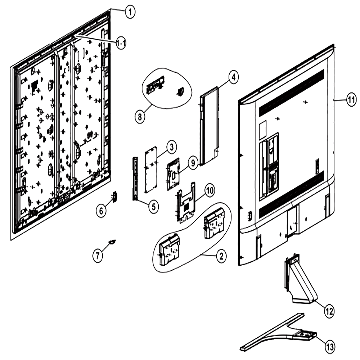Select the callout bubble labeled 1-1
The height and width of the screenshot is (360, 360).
click(121, 43)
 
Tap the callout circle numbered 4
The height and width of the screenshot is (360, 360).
click(233, 77)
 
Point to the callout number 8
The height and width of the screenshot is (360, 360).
click(140, 117)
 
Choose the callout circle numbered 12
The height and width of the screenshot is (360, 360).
click(329, 311)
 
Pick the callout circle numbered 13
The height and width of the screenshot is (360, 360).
click(330, 347)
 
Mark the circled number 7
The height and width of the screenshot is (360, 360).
click(98, 255)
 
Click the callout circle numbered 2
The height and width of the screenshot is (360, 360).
click(221, 256)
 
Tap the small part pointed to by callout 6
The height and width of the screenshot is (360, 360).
click(114, 197)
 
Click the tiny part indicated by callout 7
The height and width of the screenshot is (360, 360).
click(112, 242)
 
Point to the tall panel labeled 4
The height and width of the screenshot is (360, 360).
click(210, 126)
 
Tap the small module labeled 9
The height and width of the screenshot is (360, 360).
click(174, 175)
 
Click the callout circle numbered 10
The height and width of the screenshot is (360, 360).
click(210, 190)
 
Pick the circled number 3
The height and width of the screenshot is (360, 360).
click(172, 147)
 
